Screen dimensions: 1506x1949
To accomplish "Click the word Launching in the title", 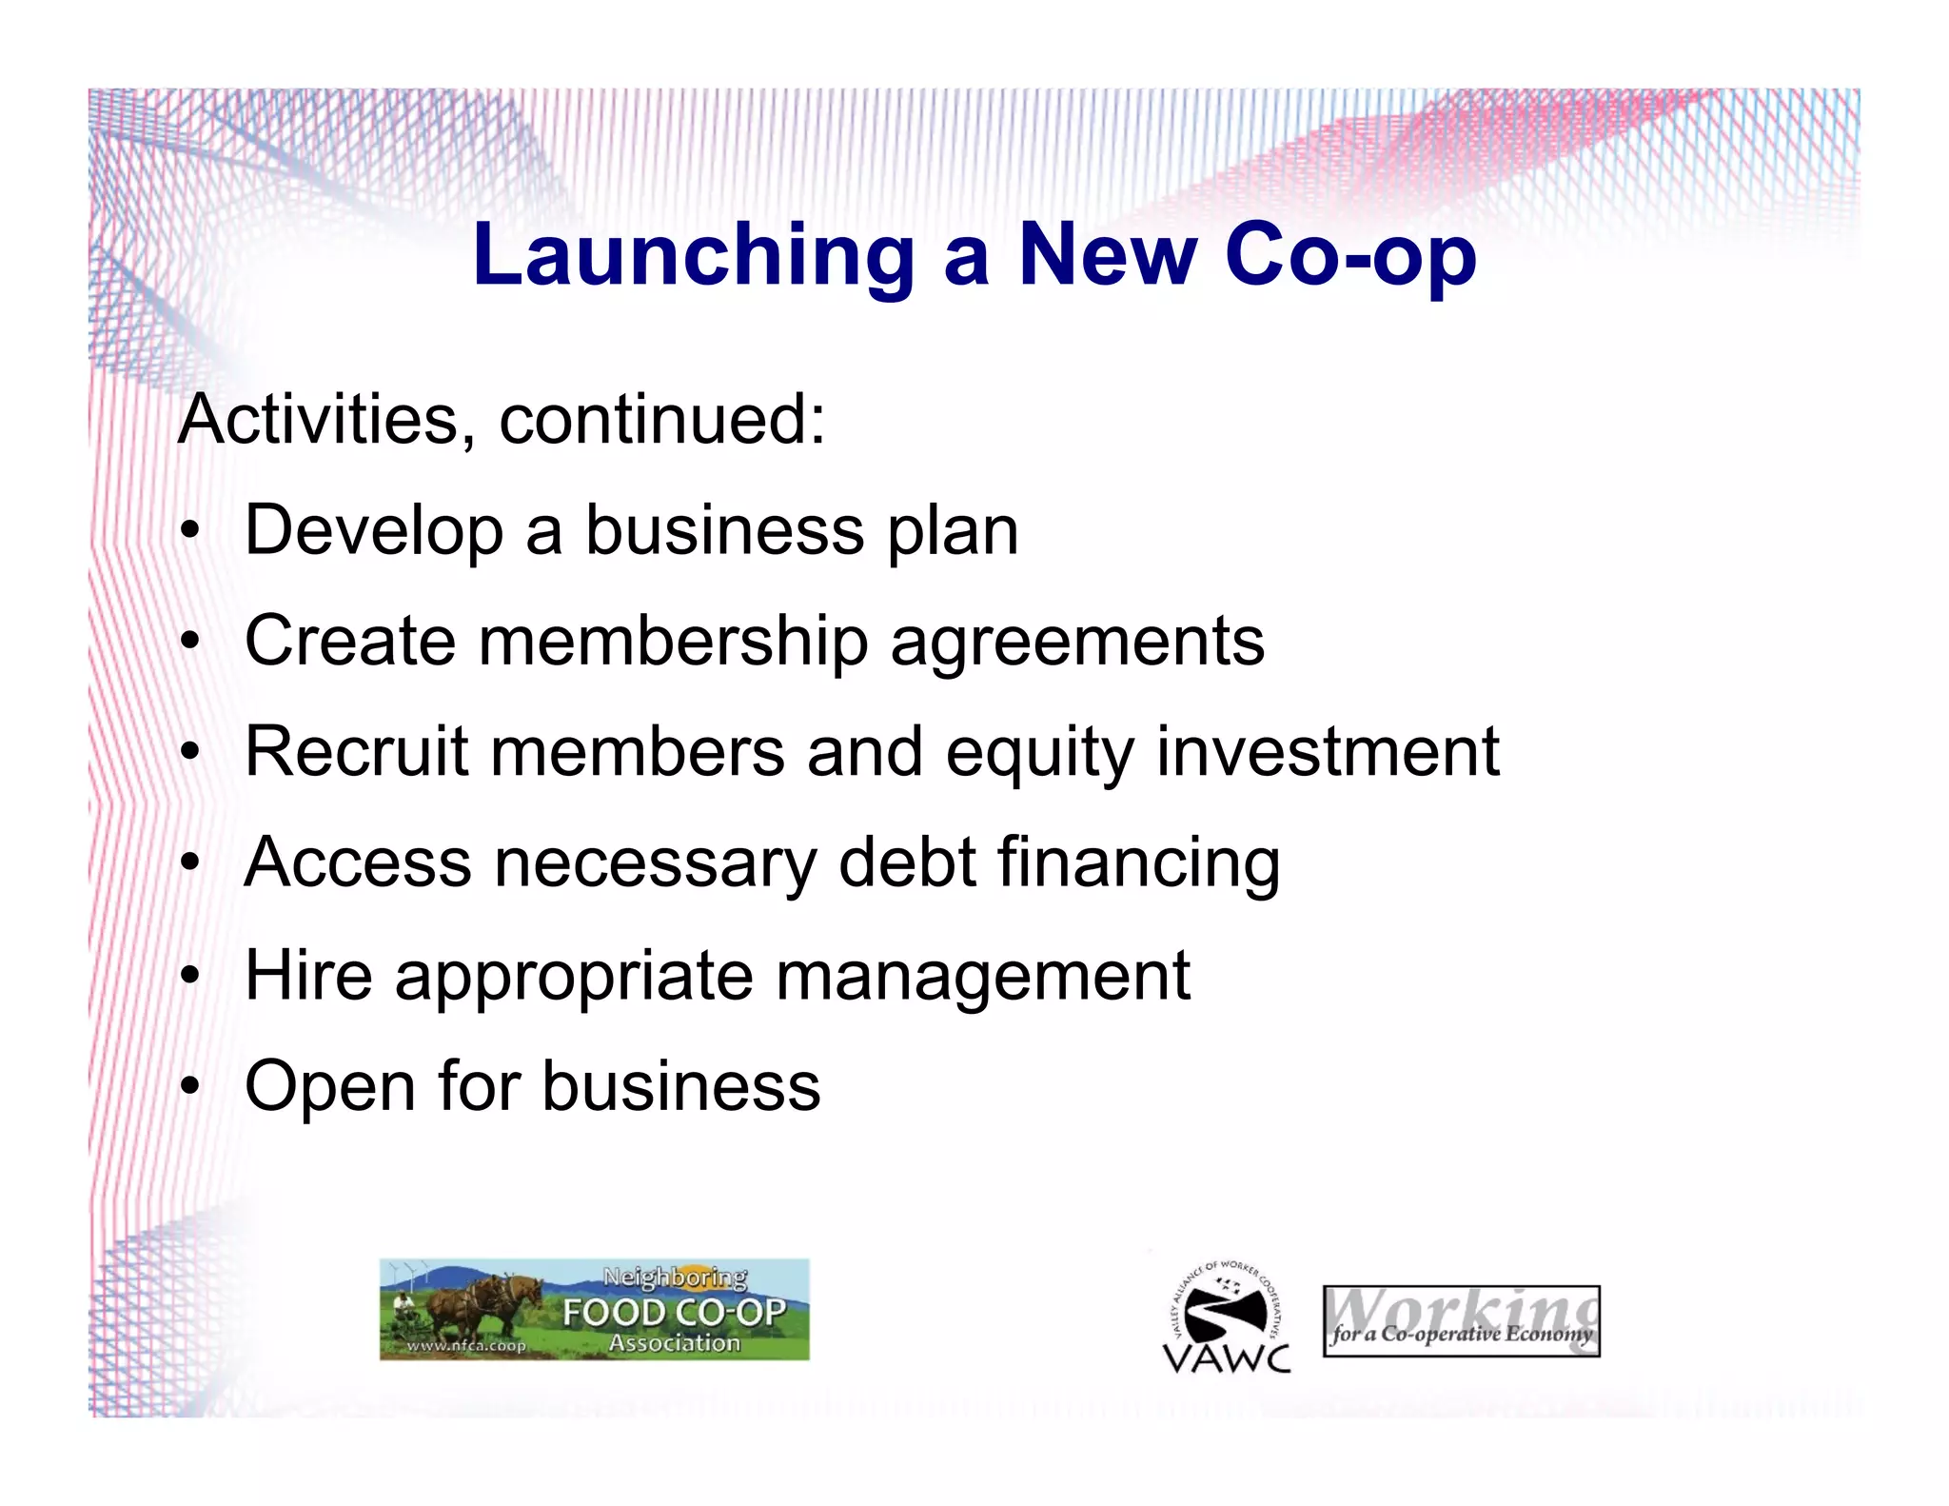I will pos(693,256).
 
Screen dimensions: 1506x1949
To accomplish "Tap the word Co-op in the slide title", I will pos(1350,254).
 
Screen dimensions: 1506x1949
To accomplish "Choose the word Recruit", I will pos(357,752).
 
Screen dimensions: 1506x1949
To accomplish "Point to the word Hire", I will pos(308,975).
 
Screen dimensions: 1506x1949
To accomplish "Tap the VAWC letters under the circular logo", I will pos(1227,1357).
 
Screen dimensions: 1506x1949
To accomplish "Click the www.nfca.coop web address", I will pos(465,1346).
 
